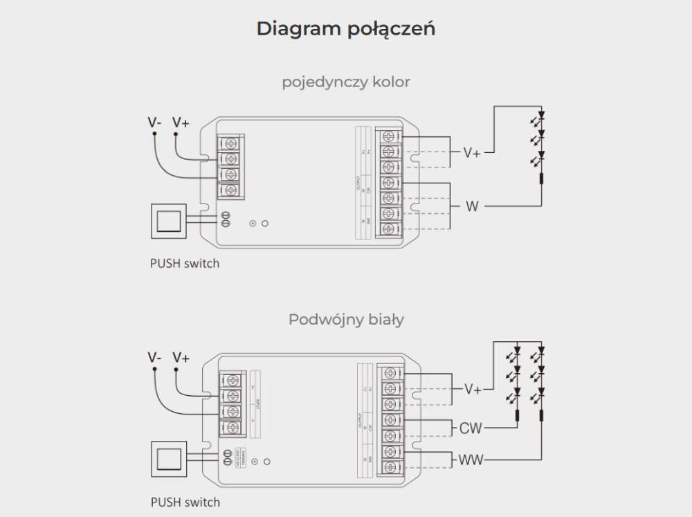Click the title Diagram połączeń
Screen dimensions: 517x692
coord(345,29)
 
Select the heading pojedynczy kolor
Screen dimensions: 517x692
coord(346,82)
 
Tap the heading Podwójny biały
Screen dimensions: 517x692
coord(346,320)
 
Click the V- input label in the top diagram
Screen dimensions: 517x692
coord(154,123)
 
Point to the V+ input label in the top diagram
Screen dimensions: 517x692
coord(181,123)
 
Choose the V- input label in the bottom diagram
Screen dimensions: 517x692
coord(154,358)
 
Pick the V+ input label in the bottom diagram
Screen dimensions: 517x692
coord(181,358)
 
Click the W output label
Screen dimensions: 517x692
coord(472,206)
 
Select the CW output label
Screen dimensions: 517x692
coord(471,429)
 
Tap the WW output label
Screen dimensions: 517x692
coord(471,460)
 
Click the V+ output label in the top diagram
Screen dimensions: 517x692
coord(472,152)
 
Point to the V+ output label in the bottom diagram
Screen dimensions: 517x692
coord(473,390)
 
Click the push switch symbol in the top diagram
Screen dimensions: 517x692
coord(168,221)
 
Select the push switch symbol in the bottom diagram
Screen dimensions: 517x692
coord(168,459)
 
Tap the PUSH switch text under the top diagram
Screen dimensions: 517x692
coord(185,264)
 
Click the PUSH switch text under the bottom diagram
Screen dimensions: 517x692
coord(185,502)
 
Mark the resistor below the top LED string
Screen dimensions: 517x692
coord(542,181)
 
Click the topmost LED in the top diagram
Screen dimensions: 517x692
coord(542,116)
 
